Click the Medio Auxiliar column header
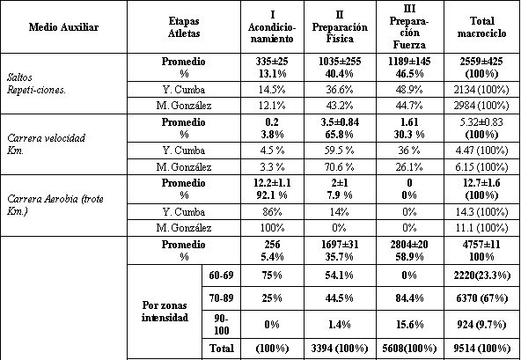tap(63, 27)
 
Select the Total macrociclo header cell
tap(481, 27)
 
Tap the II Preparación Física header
tap(340, 27)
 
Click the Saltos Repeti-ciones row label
tap(36, 84)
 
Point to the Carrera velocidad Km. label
tap(46, 144)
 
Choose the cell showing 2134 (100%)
tap(481, 90)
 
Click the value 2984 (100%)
tap(481, 106)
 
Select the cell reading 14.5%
tap(272, 90)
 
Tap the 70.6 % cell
tap(339, 166)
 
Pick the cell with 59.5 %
tap(339, 151)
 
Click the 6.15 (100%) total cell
tap(481, 166)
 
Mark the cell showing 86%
tap(272, 212)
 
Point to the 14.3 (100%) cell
tap(481, 212)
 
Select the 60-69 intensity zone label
tap(221, 276)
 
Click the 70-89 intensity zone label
tap(221, 298)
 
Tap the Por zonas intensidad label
tap(165, 311)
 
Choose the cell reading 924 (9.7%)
tap(481, 324)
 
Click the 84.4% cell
tap(409, 298)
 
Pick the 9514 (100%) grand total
tap(481, 348)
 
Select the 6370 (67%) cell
tap(481, 298)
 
